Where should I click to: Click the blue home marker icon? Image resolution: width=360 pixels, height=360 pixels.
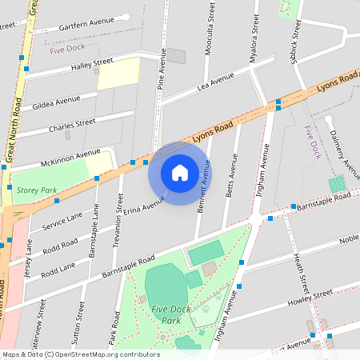[x=180, y=173]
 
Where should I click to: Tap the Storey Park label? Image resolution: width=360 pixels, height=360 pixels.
[x=37, y=190]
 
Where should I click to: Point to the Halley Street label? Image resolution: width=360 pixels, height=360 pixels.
[x=93, y=65]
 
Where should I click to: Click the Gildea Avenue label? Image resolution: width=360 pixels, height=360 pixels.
[x=57, y=103]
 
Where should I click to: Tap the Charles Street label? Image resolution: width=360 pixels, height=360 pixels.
[x=72, y=126]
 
